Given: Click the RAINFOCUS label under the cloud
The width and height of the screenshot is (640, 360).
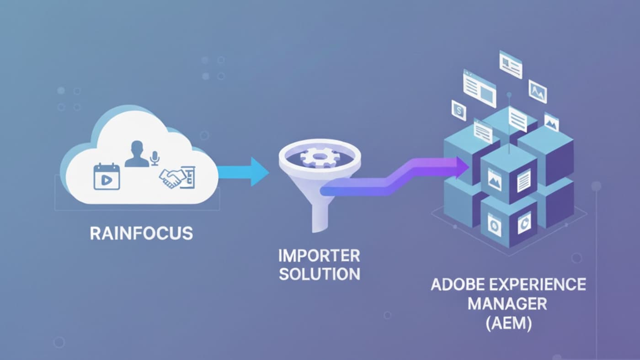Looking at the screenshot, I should click(x=141, y=233).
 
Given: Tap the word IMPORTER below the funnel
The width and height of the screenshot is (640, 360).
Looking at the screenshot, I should click(x=320, y=255).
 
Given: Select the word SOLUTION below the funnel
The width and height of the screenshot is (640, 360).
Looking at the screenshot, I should click(x=320, y=274).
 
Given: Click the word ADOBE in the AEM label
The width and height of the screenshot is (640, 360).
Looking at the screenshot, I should click(x=459, y=285).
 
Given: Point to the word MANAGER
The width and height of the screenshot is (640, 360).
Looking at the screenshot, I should click(x=508, y=304).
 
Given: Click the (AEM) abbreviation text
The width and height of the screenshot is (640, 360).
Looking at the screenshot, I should click(x=508, y=323).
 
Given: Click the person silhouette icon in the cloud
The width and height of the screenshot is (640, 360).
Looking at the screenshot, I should click(x=137, y=154).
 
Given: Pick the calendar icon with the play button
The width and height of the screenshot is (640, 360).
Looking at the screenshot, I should click(x=107, y=176).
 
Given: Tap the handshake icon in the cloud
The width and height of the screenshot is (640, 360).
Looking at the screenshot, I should click(x=172, y=177).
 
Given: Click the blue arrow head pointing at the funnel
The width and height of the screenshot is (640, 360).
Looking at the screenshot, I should click(x=258, y=172).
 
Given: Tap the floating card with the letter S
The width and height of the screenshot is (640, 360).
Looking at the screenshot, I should click(x=459, y=110).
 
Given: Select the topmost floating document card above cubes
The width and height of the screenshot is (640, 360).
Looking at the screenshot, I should click(x=511, y=65).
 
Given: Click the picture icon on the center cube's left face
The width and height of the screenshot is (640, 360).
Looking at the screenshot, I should click(x=495, y=179).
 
